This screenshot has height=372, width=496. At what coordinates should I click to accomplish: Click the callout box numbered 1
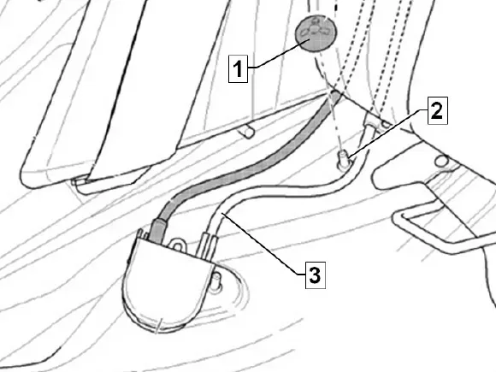[239, 68]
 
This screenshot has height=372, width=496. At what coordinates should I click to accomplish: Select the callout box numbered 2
[438, 110]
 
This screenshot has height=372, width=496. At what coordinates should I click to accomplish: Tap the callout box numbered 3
[316, 275]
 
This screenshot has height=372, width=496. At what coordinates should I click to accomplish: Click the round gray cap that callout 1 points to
[316, 32]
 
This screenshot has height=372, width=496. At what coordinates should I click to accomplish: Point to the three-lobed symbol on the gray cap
[316, 29]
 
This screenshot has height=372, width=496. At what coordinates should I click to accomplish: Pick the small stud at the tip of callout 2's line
[343, 159]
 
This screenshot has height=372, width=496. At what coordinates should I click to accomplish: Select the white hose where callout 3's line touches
[222, 214]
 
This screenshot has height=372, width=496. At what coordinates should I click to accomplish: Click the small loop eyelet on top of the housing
[177, 245]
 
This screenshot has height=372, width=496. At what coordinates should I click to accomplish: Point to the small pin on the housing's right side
[216, 281]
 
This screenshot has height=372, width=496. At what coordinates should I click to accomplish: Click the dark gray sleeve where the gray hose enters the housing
[157, 231]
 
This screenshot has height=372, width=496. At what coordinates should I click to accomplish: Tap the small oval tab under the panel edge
[248, 132]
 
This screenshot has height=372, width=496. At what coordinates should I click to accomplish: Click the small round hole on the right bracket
[441, 162]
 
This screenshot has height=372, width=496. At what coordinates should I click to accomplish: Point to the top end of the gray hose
[336, 94]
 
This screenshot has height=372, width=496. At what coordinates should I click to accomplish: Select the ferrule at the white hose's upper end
[369, 126]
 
